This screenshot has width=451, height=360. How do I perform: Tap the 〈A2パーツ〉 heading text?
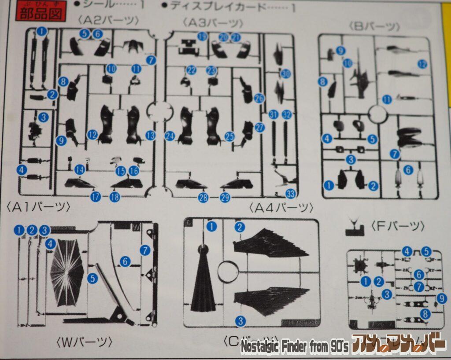108,20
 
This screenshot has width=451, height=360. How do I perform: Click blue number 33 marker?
291,193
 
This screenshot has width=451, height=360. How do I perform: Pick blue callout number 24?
170,136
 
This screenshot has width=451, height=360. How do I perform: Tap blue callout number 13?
151,135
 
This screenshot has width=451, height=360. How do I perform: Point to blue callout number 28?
203,198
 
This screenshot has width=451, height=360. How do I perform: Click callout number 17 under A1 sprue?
96,197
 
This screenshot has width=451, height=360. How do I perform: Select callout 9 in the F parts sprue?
442,299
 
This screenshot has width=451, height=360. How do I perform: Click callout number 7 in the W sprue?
145,250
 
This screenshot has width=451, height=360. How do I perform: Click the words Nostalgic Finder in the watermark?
277,348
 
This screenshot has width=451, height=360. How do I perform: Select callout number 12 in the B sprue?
422,64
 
